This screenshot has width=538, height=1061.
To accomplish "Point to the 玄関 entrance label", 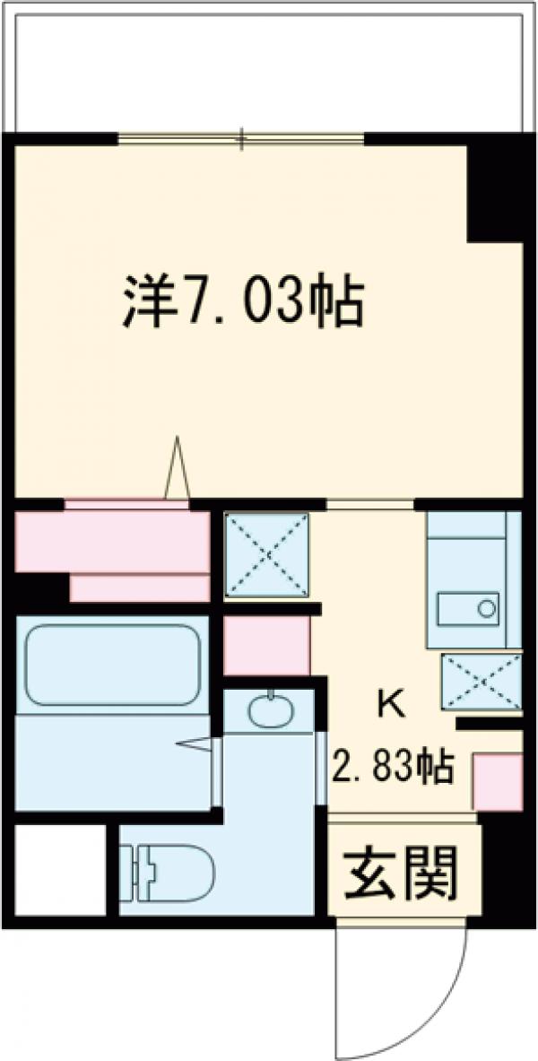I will (x=403, y=871).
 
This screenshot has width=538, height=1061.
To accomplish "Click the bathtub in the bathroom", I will (x=111, y=664).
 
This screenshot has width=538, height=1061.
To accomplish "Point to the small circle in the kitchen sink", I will (x=486, y=608).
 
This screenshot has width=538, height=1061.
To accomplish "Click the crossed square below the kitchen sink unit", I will (x=481, y=682).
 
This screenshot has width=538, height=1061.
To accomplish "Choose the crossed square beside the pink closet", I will (x=265, y=554).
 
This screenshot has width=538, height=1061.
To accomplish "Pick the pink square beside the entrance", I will (x=497, y=781).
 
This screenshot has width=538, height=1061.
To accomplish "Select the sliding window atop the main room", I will (x=242, y=138).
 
